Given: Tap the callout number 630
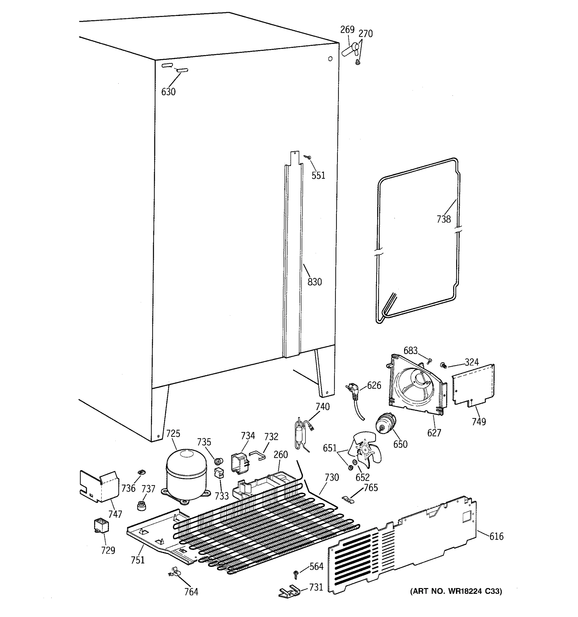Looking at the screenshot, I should coord(168,92).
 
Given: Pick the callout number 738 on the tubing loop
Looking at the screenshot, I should coord(443,220).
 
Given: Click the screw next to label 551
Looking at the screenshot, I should coord(308,158).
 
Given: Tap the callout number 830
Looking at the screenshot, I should coord(314,282).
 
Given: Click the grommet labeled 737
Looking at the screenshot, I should coord(142,506).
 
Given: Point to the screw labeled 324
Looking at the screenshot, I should coord(443,365).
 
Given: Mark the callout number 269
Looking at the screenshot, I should coord(347,30).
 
